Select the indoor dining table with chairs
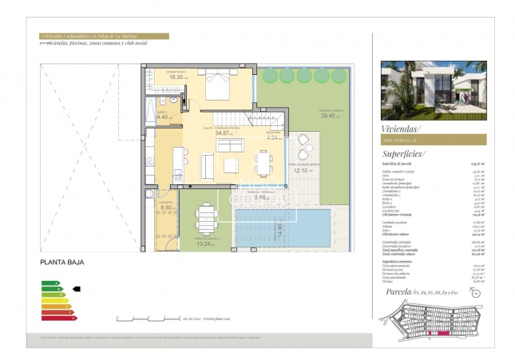click(x=263, y=163)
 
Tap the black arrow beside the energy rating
click(x=77, y=289)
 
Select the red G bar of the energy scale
click(x=58, y=318)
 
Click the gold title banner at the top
click(x=103, y=36)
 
